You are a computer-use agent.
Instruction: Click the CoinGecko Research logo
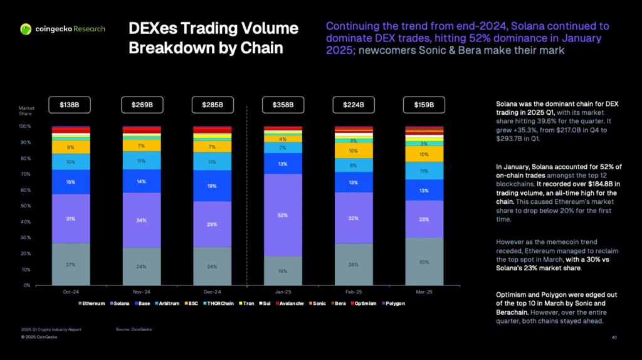[62, 29]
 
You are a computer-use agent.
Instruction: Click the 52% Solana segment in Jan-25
[283, 215]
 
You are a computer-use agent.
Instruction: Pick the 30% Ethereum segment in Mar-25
[424, 262]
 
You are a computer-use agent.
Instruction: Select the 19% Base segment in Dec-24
[212, 186]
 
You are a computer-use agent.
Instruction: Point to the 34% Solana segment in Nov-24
[141, 220]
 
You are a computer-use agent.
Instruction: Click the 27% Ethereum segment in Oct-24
[70, 264]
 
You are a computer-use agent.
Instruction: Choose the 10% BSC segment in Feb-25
[353, 151]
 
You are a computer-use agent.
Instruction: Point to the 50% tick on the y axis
[25, 206]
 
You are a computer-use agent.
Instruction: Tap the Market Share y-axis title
[26, 111]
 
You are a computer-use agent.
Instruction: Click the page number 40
[614, 337]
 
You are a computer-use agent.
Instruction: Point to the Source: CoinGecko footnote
[134, 329]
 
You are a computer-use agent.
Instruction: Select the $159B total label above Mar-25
[424, 105]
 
